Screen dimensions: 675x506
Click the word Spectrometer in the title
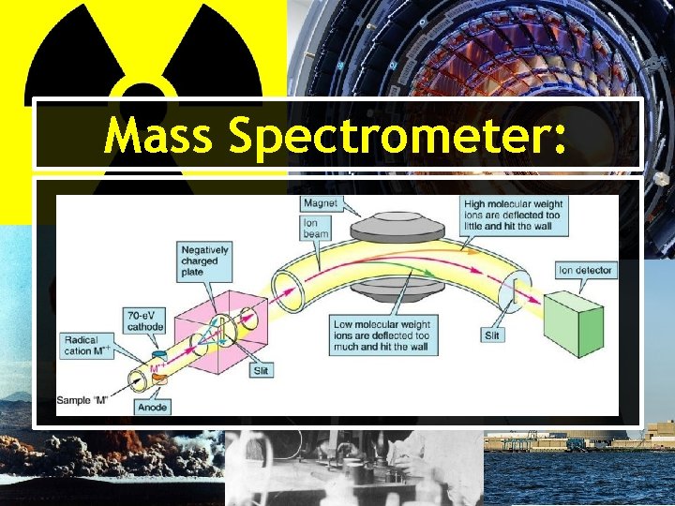[384, 137]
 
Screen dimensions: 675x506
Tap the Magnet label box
[322, 203]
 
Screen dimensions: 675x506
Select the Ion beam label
[317, 227]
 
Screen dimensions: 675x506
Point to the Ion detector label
[585, 270]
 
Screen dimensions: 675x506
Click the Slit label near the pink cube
[262, 371]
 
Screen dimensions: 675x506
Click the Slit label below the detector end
[491, 335]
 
